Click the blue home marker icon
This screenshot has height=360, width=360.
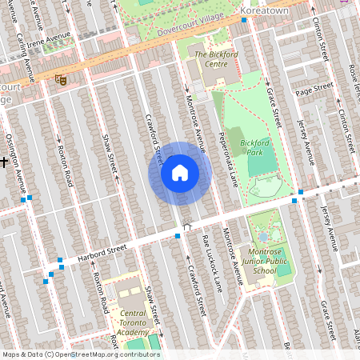pos(180,173)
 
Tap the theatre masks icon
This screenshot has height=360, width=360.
pos(59,79)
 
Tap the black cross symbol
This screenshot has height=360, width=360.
pos(4,162)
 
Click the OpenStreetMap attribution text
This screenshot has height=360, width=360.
pos(80,354)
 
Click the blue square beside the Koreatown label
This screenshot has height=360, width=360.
pos(243,18)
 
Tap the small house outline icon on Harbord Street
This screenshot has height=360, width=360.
pos(188,228)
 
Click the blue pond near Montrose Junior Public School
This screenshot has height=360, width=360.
pos(265,238)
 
